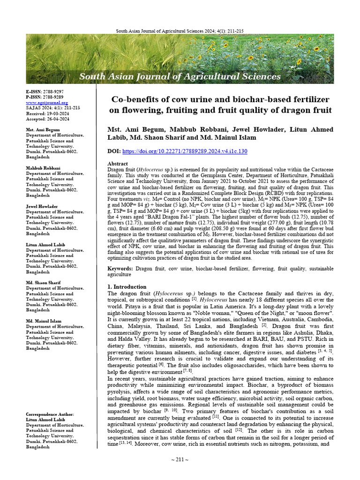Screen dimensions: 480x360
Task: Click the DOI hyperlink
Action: point(185,151)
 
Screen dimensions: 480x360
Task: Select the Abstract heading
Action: point(118,164)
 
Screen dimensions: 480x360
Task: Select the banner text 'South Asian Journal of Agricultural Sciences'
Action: point(180,76)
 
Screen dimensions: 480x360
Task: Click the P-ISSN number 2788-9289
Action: point(52,97)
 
